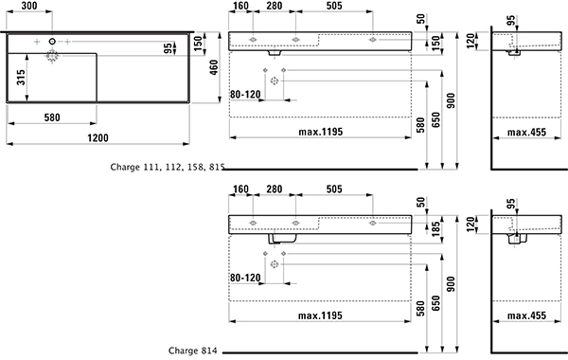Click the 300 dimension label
(x=29, y=6)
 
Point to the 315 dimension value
(x=21, y=78)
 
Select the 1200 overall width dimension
(x=98, y=138)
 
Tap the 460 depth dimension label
(x=214, y=67)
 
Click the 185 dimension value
(x=435, y=228)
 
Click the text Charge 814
(x=193, y=351)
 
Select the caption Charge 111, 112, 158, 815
(x=168, y=167)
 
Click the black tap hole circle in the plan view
(x=52, y=42)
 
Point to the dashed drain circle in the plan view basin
(x=52, y=56)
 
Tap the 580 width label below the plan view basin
(x=52, y=117)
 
